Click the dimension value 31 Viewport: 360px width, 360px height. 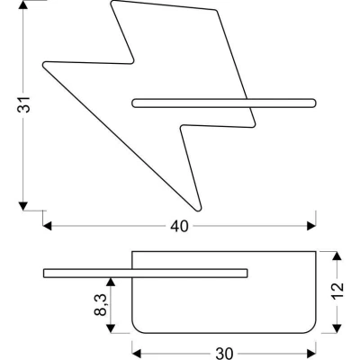(23, 104)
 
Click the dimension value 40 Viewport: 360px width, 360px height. (179, 227)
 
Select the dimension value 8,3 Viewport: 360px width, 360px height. (101, 305)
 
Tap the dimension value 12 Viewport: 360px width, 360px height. (337, 291)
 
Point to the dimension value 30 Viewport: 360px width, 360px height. (224, 354)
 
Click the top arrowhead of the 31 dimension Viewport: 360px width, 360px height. (23, 4)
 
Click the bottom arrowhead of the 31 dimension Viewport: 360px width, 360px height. (23, 206)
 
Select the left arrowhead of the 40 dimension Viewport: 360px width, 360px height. (47, 226)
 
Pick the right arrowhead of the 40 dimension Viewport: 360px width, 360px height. (311, 226)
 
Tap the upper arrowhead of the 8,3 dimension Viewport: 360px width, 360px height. (112, 282)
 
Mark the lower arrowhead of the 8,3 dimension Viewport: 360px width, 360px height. (112, 328)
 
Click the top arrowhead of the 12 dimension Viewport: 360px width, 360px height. (337, 256)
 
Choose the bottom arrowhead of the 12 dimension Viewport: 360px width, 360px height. (337, 328)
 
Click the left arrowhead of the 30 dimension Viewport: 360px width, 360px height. (137, 353)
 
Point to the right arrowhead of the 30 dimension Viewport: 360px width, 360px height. (311, 353)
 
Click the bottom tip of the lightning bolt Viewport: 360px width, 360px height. (198, 211)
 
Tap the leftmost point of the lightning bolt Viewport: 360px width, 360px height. (43, 65)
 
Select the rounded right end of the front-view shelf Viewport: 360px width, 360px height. (316, 103)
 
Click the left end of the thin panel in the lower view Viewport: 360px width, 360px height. (44, 274)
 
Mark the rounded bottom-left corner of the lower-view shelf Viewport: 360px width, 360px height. (137, 329)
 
